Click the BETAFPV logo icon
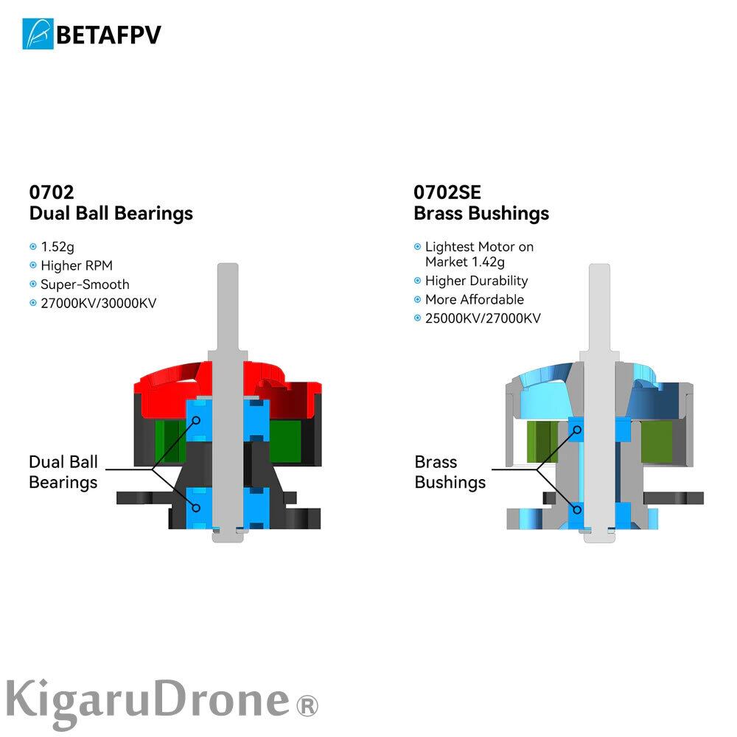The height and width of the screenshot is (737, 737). (38, 34)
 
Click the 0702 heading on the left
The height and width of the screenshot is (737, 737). (52, 192)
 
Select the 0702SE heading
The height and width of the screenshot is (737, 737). (447, 192)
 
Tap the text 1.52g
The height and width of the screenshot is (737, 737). (57, 247)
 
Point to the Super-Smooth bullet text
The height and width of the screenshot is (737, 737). (85, 284)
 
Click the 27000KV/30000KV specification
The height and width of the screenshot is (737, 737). (99, 303)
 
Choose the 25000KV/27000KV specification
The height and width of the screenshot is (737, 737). (483, 318)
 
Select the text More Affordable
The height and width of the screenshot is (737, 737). (474, 299)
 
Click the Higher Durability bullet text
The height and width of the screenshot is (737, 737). (476, 281)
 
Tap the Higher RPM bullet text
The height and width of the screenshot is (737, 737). (77, 265)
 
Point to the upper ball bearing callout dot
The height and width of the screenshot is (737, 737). (198, 420)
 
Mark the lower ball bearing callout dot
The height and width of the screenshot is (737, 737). (198, 507)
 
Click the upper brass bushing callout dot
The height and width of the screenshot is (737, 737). (578, 429)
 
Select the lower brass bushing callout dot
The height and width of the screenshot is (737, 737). (578, 507)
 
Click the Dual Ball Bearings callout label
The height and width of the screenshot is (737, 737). (63, 472)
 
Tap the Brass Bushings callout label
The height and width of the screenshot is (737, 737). (450, 472)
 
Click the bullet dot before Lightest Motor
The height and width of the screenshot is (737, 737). (418, 247)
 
